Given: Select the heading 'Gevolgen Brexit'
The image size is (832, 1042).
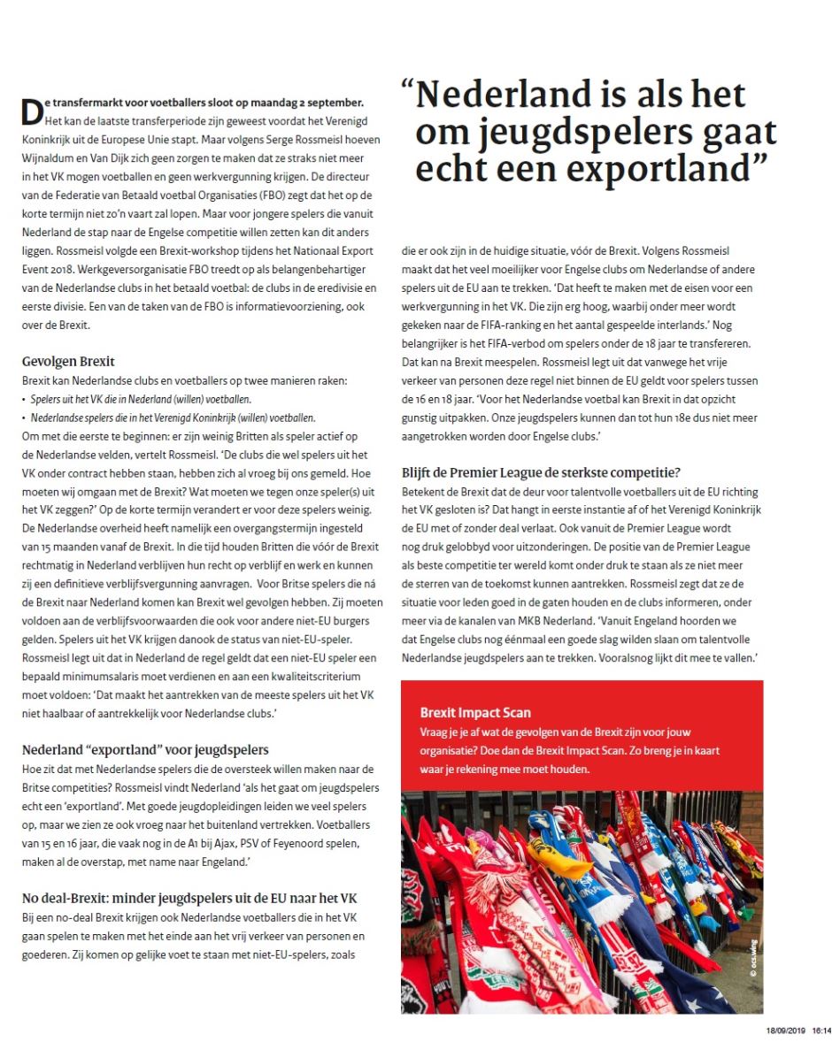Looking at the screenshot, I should click(x=68, y=362).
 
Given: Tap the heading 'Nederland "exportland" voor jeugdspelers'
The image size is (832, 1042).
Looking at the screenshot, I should click(x=145, y=750).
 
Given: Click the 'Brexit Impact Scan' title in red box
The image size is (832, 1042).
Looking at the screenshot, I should click(x=475, y=711).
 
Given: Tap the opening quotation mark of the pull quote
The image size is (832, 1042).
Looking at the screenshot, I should click(x=406, y=90).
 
